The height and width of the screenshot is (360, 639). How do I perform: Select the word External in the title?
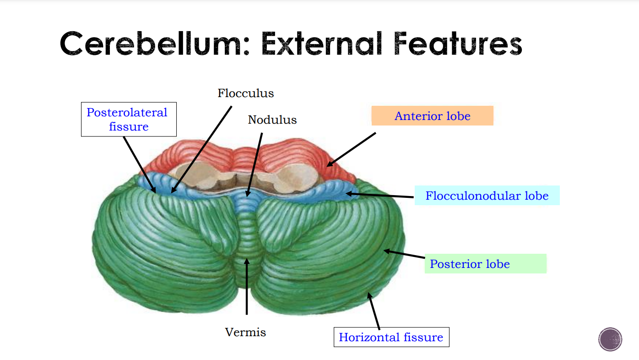pos(320,44)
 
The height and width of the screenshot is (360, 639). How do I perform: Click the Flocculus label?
pos(246,93)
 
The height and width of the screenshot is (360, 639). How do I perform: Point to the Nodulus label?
pos(272,120)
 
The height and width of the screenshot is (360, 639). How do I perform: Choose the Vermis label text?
pos(245,332)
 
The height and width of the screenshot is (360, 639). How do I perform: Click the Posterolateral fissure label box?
pos(129,119)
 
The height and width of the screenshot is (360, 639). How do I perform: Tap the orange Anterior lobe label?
pos(432,116)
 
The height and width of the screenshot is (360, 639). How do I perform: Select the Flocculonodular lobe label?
pos(487,196)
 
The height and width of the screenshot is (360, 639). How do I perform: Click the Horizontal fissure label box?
pos(391,337)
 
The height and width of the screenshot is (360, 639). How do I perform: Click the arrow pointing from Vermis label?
pos(247,286)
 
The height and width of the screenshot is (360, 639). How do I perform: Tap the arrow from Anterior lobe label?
pos(352,149)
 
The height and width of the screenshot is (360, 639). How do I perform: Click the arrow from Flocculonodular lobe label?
pos(380,195)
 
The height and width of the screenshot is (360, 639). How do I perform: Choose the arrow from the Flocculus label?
pos(201,149)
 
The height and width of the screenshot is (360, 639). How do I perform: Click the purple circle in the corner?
pos(610,339)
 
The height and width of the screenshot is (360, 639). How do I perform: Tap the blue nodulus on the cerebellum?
pos(247,202)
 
